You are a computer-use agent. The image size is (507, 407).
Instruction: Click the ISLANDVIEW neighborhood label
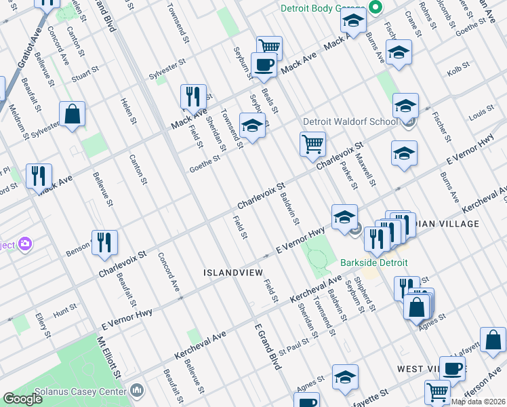(x=230, y=273)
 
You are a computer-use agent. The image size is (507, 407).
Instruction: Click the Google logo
(x=22, y=400)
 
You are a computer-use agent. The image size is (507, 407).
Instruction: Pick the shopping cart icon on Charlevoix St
(x=312, y=143)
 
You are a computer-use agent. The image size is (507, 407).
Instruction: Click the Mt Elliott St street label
(x=108, y=357)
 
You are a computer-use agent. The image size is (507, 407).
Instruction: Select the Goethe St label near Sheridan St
(x=205, y=161)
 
